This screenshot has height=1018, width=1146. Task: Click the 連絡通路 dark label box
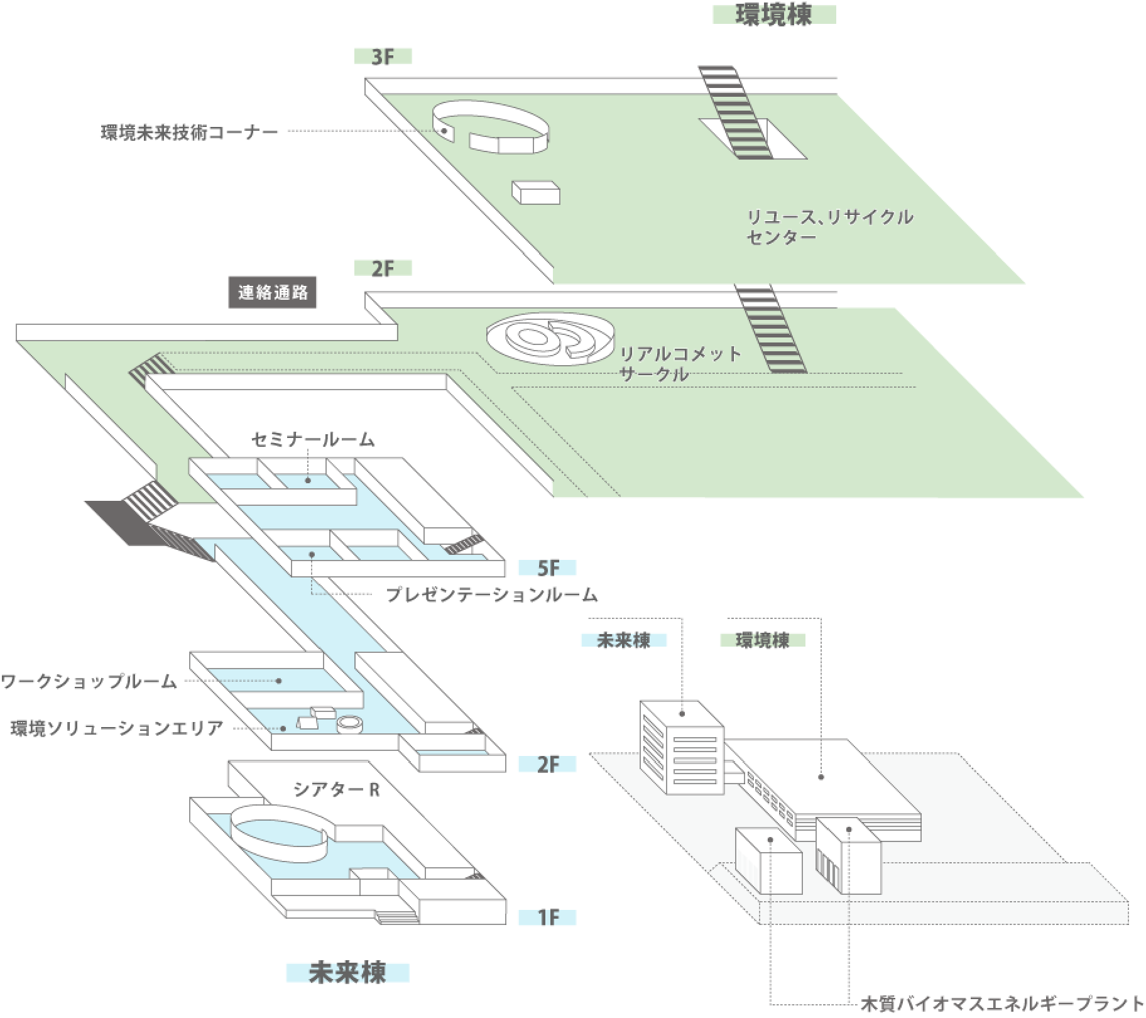[x=273, y=293]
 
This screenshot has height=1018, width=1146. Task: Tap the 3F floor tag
[x=383, y=57]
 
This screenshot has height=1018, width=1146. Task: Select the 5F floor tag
[x=547, y=568]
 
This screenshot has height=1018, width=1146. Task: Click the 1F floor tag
[x=547, y=917]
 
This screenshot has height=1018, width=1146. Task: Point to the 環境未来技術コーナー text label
[x=189, y=132]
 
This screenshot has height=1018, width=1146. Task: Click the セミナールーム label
[x=314, y=439]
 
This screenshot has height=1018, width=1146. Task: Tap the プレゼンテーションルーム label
[x=491, y=594]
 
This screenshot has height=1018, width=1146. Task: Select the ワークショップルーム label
[x=89, y=681]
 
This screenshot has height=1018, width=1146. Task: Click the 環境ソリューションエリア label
[x=117, y=728]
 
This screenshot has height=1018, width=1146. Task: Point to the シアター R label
[x=336, y=789]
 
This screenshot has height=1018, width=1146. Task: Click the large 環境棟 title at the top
[x=773, y=14]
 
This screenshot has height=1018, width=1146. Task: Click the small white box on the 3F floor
[x=536, y=193]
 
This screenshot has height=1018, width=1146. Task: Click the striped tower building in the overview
[x=682, y=748]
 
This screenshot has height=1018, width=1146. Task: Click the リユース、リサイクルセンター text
[x=829, y=227]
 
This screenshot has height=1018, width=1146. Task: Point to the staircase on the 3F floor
[x=735, y=113]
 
